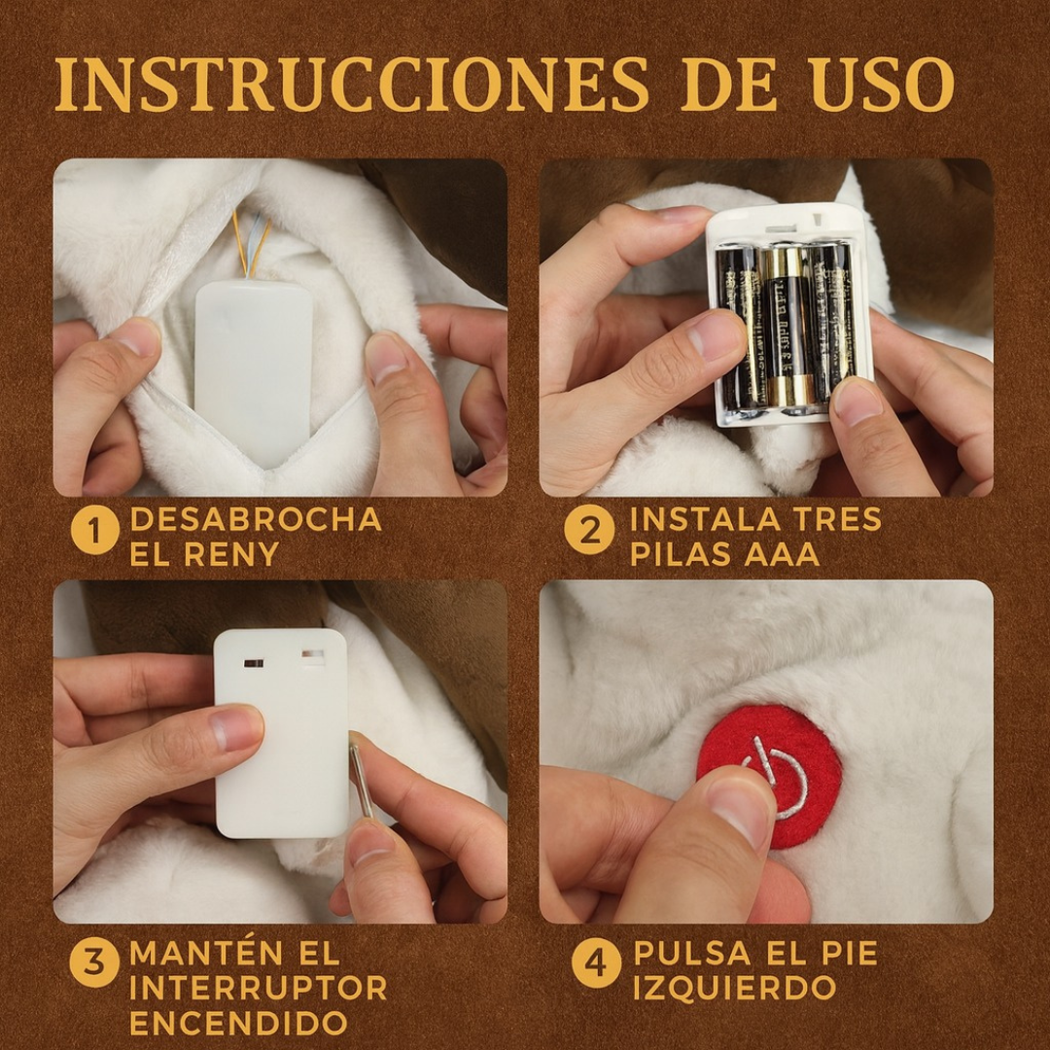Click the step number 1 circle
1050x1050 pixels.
[x=94, y=532]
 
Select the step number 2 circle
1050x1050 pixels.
[x=589, y=531]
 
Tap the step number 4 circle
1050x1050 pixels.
[x=595, y=963]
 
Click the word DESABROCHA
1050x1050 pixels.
[x=256, y=520]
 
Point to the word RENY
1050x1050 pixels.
[x=229, y=555]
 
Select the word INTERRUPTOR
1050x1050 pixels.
[x=258, y=988]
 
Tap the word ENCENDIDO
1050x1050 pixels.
[x=238, y=1023]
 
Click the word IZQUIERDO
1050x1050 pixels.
[x=734, y=988]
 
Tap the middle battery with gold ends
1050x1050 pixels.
[x=788, y=327]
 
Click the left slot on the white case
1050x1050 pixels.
[x=253, y=663]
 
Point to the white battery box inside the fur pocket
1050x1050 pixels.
[x=253, y=360]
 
